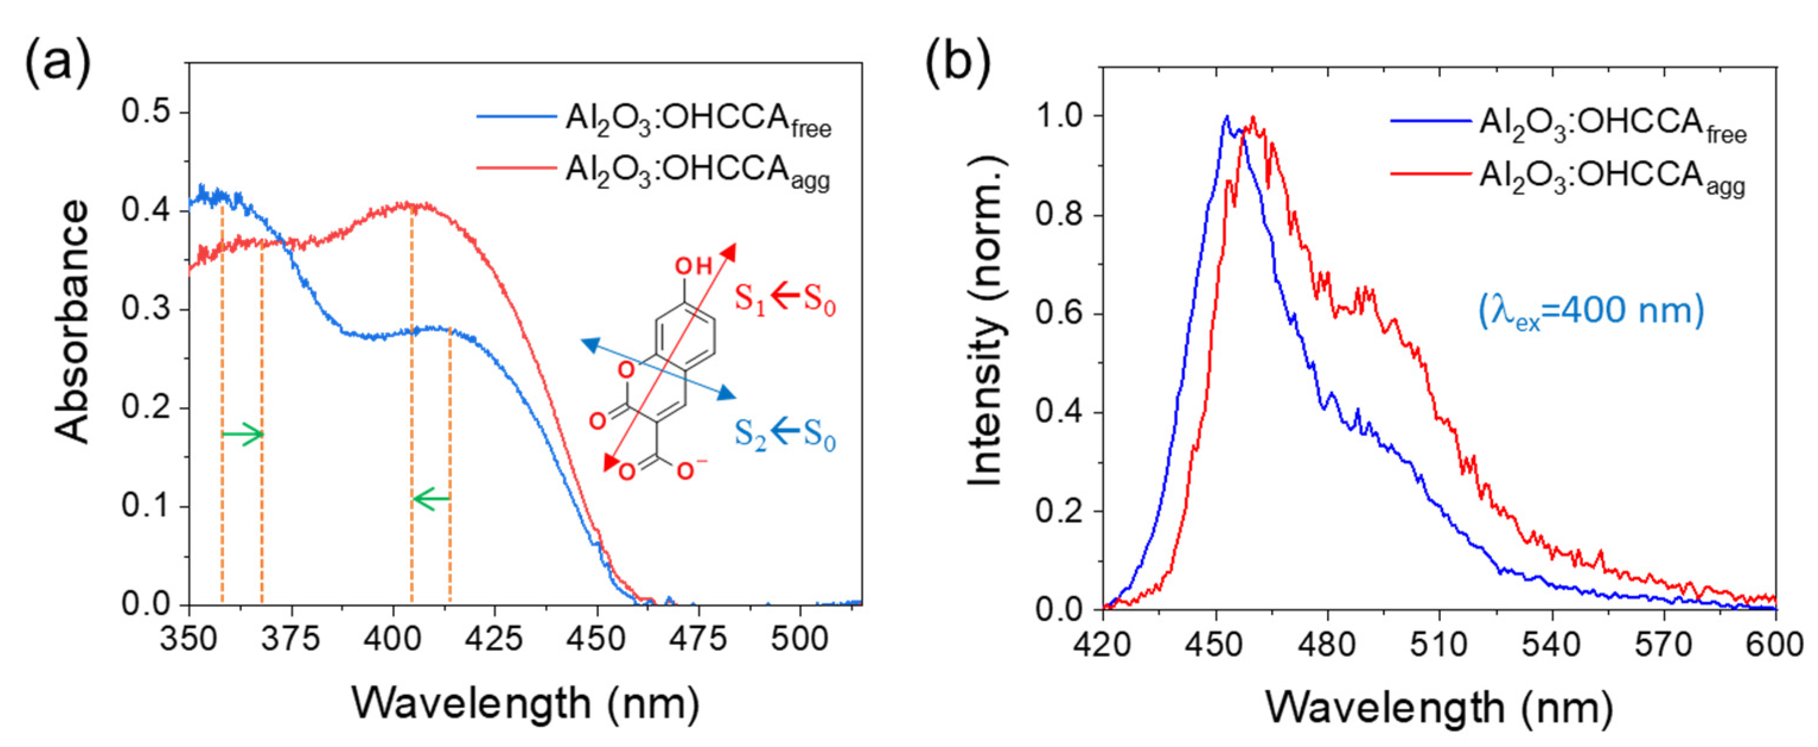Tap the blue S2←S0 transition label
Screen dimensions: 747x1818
(x=785, y=434)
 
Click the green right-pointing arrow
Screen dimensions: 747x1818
(x=243, y=434)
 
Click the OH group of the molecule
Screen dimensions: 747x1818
(x=693, y=266)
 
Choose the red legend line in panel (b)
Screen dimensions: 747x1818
(x=1431, y=173)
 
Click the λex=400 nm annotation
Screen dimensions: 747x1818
(x=1591, y=311)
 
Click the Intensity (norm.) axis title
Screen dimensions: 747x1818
(x=985, y=321)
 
